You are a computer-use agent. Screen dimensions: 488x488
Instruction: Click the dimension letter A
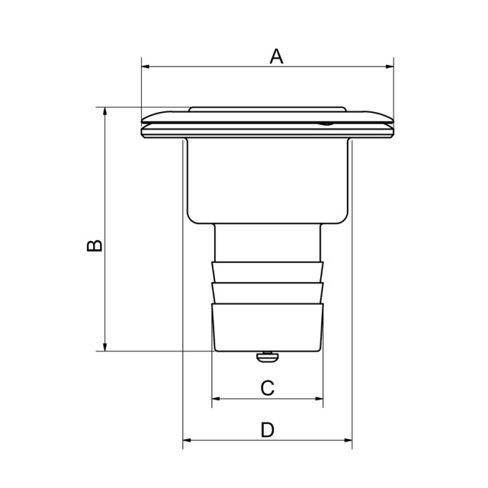tap(277, 56)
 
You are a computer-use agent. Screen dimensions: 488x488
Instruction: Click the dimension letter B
tap(93, 246)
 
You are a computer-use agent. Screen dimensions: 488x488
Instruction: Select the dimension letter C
tap(267, 388)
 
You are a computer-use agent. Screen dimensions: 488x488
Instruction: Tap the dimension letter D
tap(267, 431)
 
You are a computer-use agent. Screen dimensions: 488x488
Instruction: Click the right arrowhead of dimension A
tap(389, 67)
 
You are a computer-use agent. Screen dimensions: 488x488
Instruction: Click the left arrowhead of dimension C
tap(216, 398)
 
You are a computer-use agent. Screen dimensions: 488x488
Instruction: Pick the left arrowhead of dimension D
tap(188, 440)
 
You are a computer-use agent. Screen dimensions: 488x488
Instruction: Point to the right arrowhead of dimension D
tap(347, 440)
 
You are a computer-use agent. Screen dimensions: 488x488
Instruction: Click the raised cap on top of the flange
tap(267, 111)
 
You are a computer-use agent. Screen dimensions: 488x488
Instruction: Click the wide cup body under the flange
tap(267, 179)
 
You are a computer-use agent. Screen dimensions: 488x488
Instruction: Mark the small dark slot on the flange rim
tap(326, 122)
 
